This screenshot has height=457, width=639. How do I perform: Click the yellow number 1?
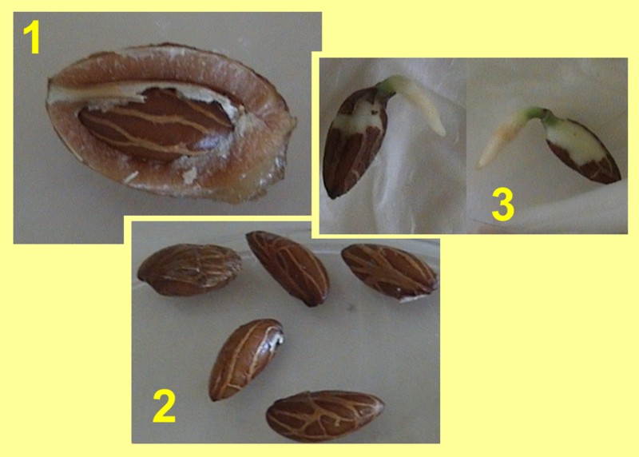(32, 37)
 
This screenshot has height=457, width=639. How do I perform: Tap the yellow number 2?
(165, 406)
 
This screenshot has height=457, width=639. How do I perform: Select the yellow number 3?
(503, 205)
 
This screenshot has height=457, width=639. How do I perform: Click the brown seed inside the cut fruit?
(157, 125)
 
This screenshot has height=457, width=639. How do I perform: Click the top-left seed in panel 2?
(189, 269)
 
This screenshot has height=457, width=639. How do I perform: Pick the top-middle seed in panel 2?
(288, 268)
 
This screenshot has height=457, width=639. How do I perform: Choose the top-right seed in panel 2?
(389, 271)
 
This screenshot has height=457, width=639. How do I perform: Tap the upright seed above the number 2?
(245, 360)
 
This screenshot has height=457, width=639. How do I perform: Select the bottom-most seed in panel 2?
(325, 415)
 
